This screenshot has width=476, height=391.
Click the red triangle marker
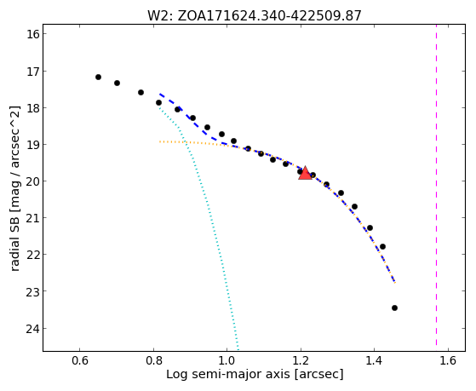305,174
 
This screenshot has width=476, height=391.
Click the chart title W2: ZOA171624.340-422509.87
255,16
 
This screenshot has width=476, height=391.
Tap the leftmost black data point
98,78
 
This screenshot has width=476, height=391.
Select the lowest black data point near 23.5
394,308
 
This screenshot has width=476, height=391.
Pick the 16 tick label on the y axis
33,34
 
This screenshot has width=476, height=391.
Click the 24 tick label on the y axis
33,329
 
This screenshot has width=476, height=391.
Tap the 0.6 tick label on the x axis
80,360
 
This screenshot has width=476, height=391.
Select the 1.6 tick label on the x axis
448,360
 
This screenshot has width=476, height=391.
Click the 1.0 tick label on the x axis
227,360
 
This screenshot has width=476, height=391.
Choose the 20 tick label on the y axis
33,181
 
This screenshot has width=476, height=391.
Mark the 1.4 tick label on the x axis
375,360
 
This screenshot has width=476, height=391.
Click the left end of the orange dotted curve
160,141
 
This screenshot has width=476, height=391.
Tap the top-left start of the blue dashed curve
160,95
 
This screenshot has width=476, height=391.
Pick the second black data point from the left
117,83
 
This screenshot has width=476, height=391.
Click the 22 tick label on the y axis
33,255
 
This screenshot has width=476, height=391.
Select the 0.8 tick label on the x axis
153,360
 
